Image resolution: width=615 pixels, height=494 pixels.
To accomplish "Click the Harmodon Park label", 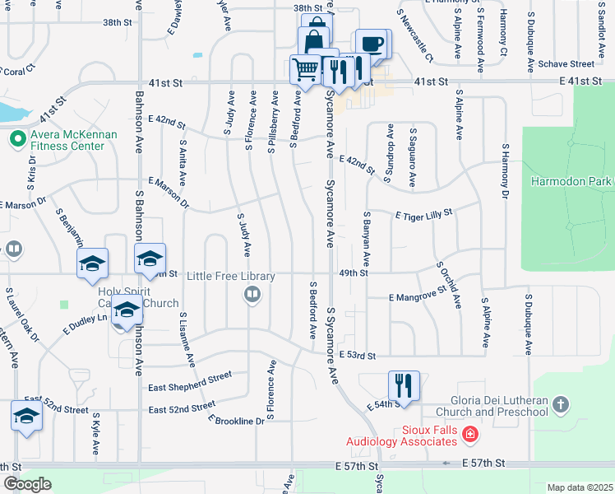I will point(571,181).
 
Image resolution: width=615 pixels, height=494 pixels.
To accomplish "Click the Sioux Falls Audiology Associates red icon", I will point(469,433).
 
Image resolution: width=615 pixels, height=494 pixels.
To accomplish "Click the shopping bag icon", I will point(313,40).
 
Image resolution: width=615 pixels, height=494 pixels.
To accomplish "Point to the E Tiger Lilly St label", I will point(424,215).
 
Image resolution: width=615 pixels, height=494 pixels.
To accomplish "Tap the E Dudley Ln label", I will point(86,323).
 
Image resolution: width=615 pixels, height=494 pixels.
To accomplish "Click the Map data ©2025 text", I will point(580,487).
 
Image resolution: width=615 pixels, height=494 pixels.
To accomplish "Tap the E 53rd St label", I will point(357,355).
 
